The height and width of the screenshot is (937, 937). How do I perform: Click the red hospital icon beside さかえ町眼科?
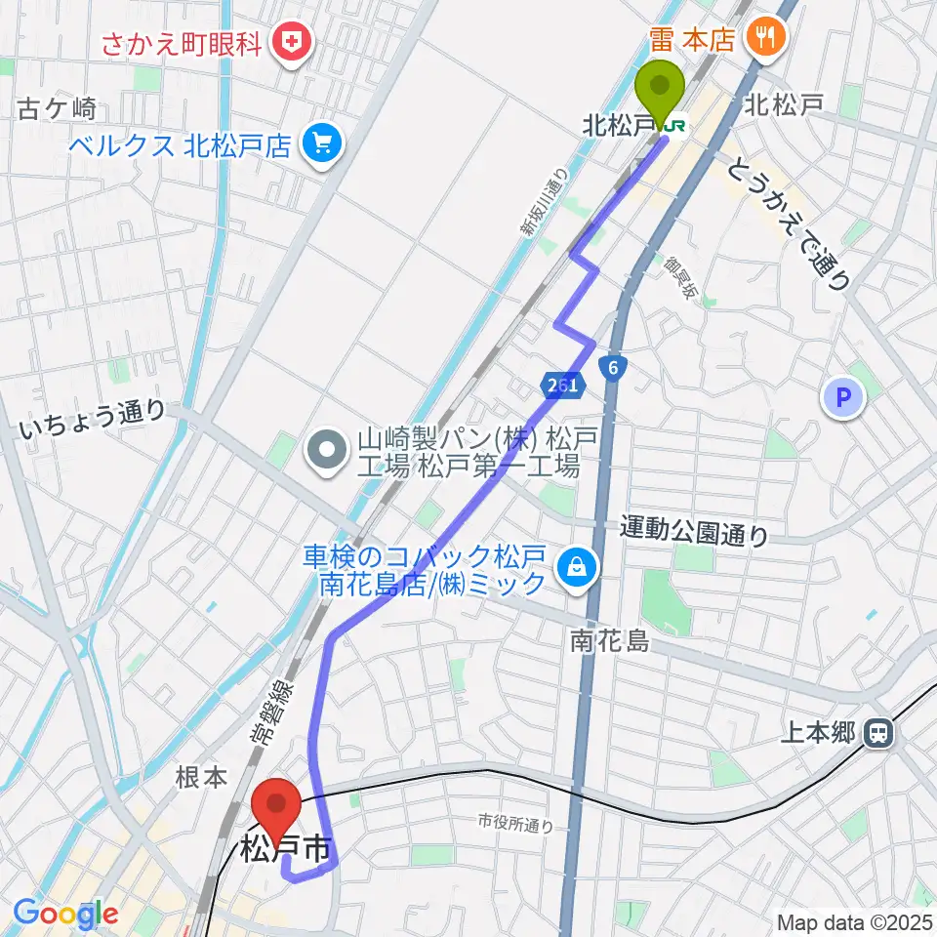coord(290,40)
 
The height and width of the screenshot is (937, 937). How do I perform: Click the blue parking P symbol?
coord(844,398)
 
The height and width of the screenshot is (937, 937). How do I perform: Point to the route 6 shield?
coord(613,367)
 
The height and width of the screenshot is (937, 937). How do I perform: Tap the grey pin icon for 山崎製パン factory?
coord(324,450)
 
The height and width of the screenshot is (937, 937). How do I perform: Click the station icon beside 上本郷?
coord(879,732)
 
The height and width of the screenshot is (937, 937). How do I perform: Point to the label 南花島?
coord(610,641)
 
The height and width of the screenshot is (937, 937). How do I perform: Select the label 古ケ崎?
coord(56,109)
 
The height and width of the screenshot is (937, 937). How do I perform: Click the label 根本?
coord(202,777)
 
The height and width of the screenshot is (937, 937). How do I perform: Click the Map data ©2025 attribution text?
coord(854,921)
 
